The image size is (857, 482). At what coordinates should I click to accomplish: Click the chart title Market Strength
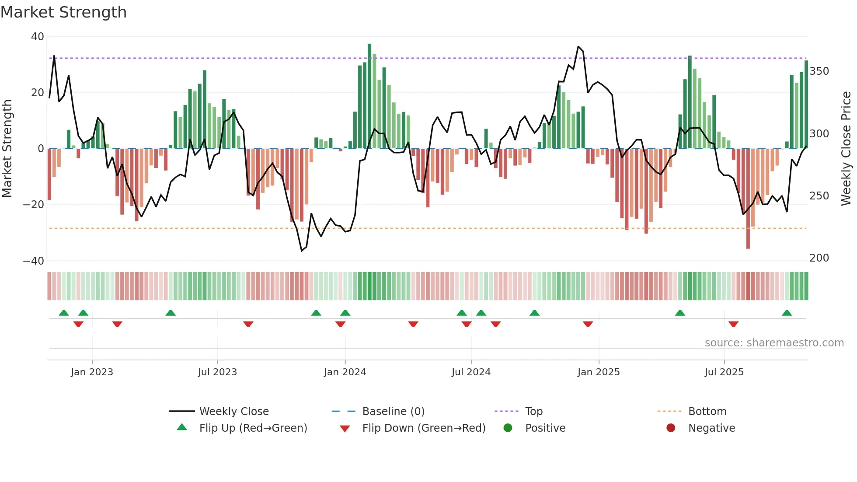pyautogui.click(x=63, y=12)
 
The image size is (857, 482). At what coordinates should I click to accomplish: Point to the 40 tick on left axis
pyautogui.click(x=38, y=37)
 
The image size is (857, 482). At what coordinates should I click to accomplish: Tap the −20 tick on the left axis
pyautogui.click(x=34, y=205)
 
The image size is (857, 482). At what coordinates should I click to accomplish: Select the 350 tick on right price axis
pyautogui.click(x=819, y=71)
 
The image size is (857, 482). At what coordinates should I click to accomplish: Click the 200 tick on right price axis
pyautogui.click(x=819, y=258)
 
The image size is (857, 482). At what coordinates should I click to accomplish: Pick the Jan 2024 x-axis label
pyautogui.click(x=345, y=372)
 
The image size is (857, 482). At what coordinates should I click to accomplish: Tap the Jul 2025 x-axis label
pyautogui.click(x=724, y=372)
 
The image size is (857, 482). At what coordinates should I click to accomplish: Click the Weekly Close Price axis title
pyautogui.click(x=846, y=149)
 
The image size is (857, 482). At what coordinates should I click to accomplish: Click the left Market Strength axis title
pyautogui.click(x=7, y=149)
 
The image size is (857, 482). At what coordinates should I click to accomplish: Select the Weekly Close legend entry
pyautogui.click(x=233, y=412)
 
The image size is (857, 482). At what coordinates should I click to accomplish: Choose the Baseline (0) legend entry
pyautogui.click(x=393, y=412)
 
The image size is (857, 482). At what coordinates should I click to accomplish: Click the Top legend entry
pyautogui.click(x=533, y=412)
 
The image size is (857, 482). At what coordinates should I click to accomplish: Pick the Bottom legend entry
pyautogui.click(x=707, y=412)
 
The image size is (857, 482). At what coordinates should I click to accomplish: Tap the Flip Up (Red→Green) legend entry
pyautogui.click(x=253, y=428)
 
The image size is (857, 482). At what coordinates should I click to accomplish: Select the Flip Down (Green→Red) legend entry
pyautogui.click(x=423, y=428)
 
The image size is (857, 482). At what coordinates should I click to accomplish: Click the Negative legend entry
pyautogui.click(x=711, y=428)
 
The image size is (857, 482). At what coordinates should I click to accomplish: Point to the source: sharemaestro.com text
pyautogui.click(x=774, y=343)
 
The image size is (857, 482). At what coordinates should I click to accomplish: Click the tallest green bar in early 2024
pyautogui.click(x=369, y=96)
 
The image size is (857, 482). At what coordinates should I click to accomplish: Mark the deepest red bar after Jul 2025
pyautogui.click(x=748, y=199)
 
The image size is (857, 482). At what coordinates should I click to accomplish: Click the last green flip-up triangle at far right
pyautogui.click(x=787, y=313)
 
